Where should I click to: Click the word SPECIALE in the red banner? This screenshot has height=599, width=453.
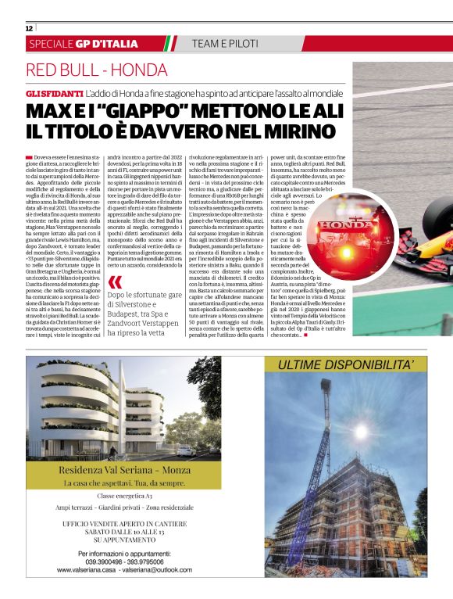55,44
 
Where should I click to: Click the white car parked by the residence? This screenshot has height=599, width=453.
186,450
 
